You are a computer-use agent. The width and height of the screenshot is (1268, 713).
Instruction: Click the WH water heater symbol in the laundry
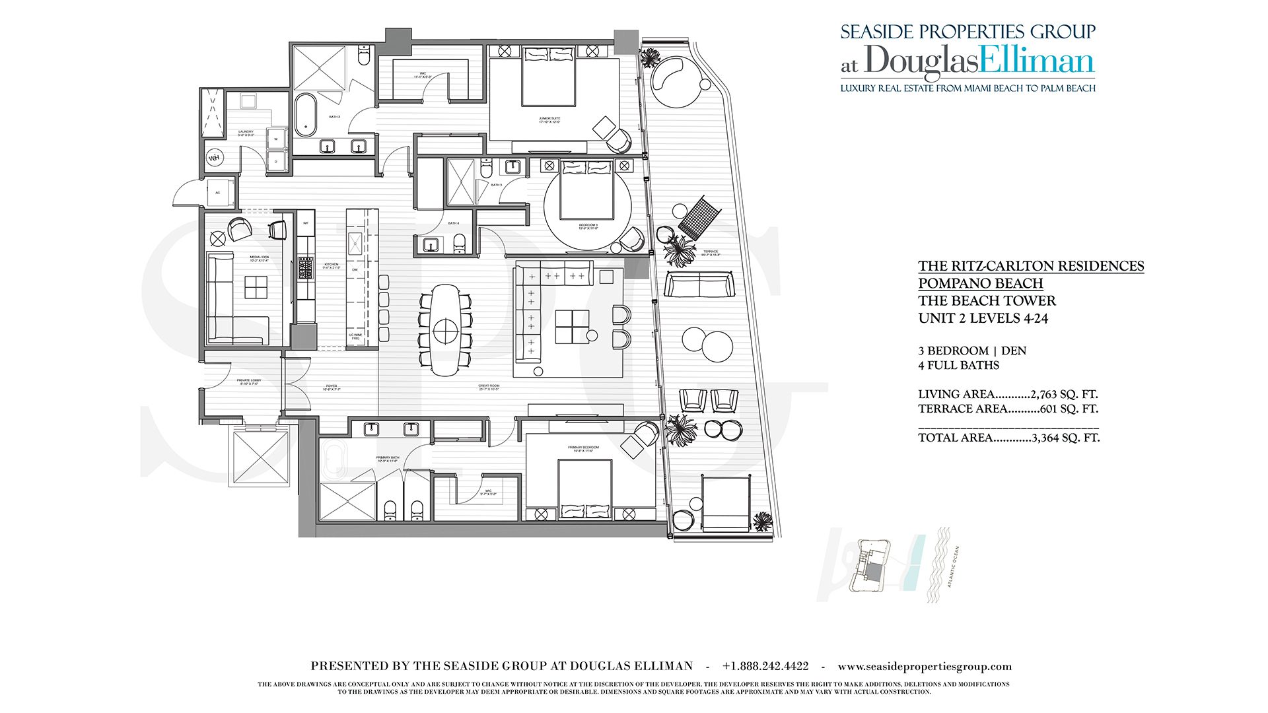(x=215, y=158)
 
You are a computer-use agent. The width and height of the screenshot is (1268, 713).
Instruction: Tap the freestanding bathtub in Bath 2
(x=305, y=114)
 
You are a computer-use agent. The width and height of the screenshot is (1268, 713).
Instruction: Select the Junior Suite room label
(x=549, y=120)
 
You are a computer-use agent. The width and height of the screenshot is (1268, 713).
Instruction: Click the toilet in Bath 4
(x=460, y=244)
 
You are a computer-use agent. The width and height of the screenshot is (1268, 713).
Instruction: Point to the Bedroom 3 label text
(x=588, y=226)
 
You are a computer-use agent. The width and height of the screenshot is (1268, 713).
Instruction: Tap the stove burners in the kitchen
(x=305, y=268)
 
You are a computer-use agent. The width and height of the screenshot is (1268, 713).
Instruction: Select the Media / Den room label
(x=259, y=259)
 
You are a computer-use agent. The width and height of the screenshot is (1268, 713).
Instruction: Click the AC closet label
(x=218, y=193)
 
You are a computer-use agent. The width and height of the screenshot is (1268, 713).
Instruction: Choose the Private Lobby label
(x=249, y=382)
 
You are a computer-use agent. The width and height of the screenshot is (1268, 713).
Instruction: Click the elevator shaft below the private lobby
(x=259, y=456)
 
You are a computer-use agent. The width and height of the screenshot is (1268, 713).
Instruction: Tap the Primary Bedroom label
(x=584, y=449)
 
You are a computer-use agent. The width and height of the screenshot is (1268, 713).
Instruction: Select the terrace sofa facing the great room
(x=699, y=286)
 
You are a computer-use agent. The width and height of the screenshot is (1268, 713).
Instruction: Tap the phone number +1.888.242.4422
(x=765, y=667)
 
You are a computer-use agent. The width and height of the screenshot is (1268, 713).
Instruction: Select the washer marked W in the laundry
(x=276, y=139)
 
